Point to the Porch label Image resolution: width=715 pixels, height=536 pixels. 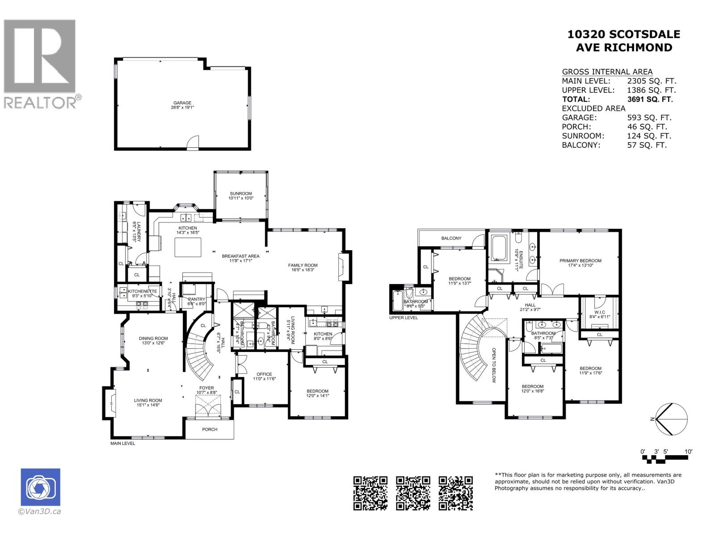[210, 429]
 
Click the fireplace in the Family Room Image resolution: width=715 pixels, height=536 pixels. [343, 267]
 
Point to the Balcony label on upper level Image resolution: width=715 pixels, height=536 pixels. [451, 238]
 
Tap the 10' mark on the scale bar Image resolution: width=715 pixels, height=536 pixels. [688, 452]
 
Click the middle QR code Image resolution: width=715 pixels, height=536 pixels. [413, 493]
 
